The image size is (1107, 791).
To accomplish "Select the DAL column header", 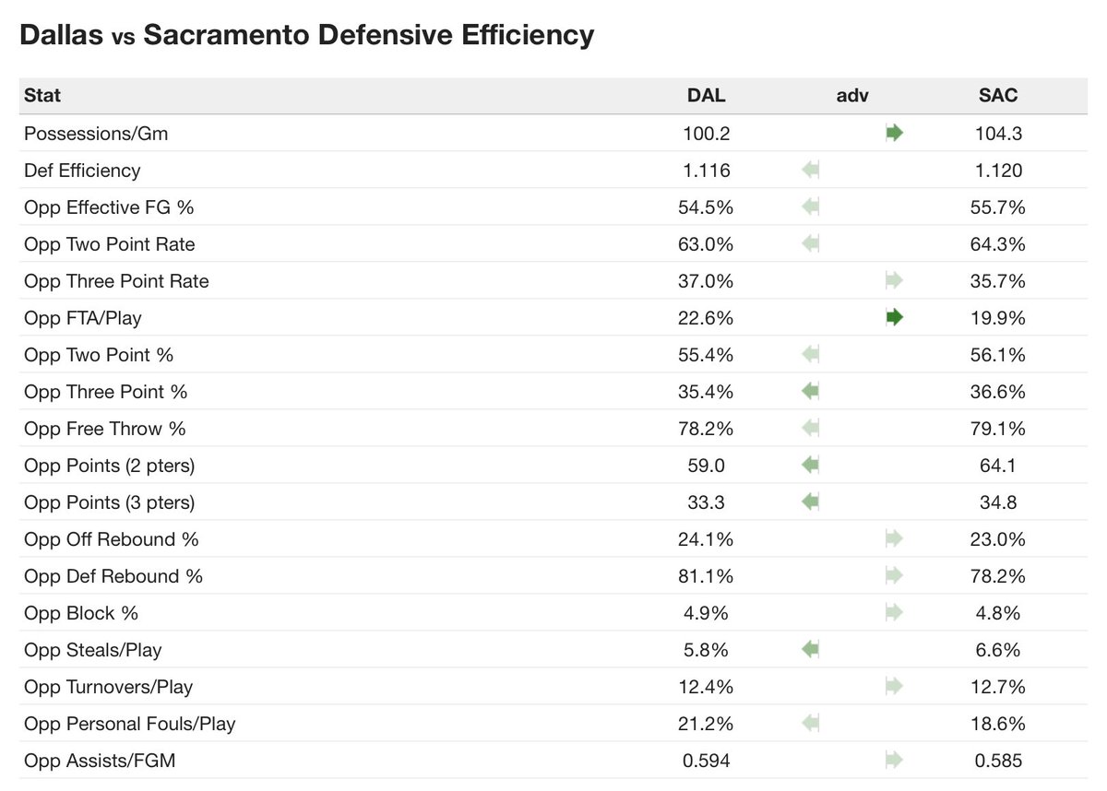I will click(706, 96).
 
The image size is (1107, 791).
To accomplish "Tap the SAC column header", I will click(998, 96).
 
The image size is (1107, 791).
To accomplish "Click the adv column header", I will click(852, 96).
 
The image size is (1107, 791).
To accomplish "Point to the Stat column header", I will click(42, 96).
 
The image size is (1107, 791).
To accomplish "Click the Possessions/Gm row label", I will click(96, 134).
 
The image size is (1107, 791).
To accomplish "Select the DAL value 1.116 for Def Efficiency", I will click(706, 171).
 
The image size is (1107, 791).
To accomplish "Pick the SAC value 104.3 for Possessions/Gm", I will click(998, 134).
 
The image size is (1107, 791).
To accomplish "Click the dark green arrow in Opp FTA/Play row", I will click(894, 318).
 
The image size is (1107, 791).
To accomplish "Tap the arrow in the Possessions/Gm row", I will click(894, 134).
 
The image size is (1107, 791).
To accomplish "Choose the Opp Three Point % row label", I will click(105, 392).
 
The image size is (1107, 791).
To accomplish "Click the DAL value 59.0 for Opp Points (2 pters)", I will click(706, 466).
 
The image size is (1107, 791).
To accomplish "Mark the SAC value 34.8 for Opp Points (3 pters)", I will click(998, 502).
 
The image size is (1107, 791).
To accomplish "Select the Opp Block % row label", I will click(82, 613).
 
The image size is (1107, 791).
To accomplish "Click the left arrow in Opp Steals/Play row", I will click(810, 650).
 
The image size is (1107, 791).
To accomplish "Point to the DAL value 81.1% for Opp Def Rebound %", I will click(706, 576).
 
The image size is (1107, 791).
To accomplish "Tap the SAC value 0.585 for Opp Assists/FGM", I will click(998, 761).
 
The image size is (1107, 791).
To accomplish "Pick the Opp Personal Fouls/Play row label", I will click(129, 724).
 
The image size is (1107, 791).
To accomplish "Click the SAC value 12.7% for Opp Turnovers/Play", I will click(998, 687).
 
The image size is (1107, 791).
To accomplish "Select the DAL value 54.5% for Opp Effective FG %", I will click(706, 207).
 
